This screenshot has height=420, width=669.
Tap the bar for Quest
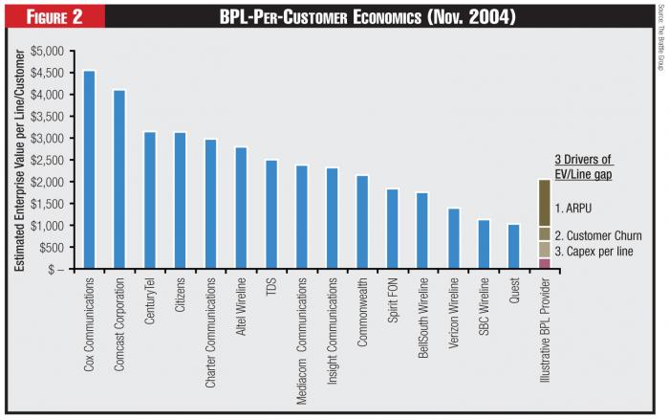[x=514, y=247]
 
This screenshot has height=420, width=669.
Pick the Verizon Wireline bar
[x=454, y=238]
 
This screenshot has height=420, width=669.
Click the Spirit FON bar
[x=392, y=229]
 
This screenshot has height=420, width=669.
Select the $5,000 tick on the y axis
[x=52, y=51]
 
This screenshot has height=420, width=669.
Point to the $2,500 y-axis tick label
[x=52, y=160]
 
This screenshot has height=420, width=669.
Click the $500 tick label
[x=55, y=247]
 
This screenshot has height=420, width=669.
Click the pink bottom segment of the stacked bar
[x=544, y=263]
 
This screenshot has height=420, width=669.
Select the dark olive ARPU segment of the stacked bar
[x=544, y=203]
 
